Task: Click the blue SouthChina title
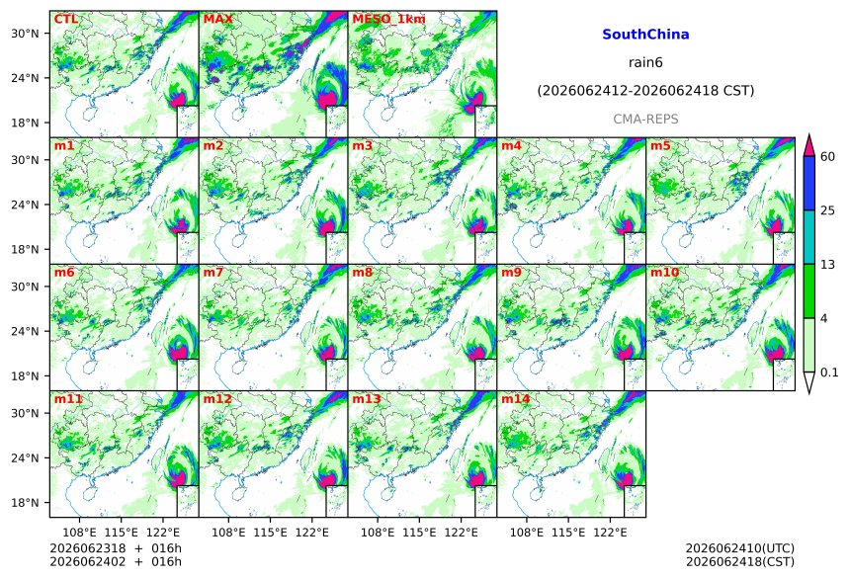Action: [645, 35]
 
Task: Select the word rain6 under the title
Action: [645, 62]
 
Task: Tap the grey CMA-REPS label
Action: [645, 120]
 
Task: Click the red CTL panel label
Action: [65, 19]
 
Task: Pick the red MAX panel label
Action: [217, 19]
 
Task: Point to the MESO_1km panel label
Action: [388, 20]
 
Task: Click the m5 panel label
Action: [660, 146]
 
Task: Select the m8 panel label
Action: [363, 272]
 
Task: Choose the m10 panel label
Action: [664, 272]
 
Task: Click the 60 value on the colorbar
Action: [828, 157]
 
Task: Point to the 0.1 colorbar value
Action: [829, 372]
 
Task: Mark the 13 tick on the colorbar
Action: [828, 265]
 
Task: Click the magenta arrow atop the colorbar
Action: [809, 146]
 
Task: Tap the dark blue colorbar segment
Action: [809, 183]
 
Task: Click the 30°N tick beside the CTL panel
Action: [25, 34]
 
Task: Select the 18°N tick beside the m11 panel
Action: [25, 503]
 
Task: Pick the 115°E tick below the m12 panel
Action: [270, 533]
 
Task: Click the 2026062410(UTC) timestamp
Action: [740, 548]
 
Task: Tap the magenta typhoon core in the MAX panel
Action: [326, 101]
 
